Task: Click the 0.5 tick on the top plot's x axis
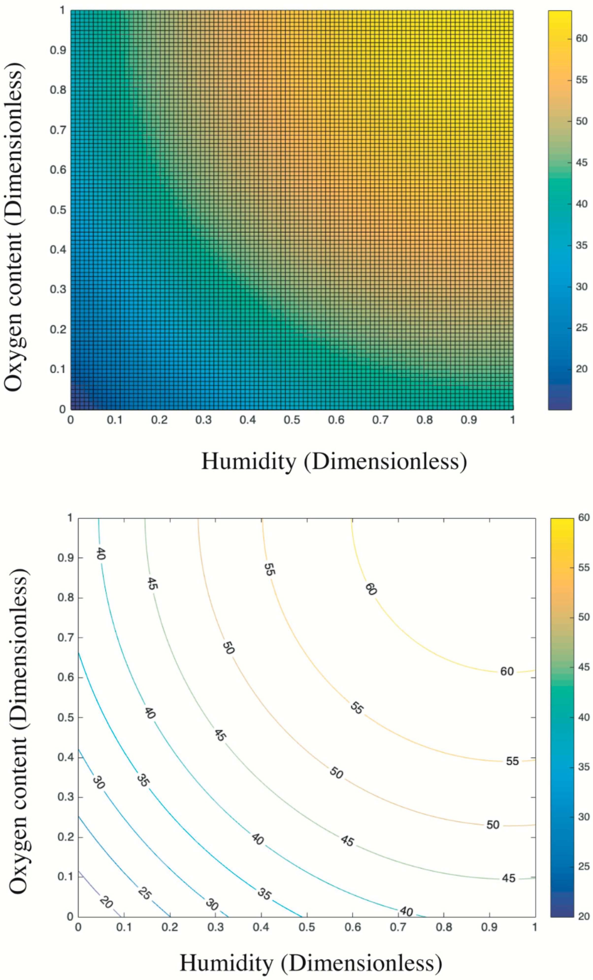point(292,420)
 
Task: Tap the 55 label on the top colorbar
point(581,80)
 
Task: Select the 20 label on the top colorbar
point(581,369)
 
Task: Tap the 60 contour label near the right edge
point(507,672)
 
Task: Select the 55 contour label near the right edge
point(512,761)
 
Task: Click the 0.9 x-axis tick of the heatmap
point(469,420)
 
